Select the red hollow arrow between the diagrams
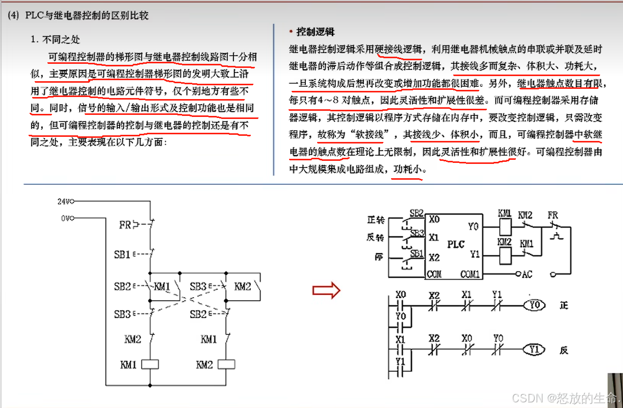tap(326, 291)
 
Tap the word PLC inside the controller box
tap(456, 244)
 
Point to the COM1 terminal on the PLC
tap(470, 274)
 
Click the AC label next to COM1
tap(527, 274)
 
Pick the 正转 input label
tap(375, 220)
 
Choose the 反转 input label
tap(375, 237)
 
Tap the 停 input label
tap(378, 257)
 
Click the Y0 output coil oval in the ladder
tap(534, 305)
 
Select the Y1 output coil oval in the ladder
tap(534, 350)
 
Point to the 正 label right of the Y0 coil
tap(563, 305)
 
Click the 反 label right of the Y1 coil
tap(563, 350)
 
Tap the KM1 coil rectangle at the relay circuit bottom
tap(150, 364)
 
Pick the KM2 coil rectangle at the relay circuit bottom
tap(226, 364)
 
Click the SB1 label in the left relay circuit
tap(122, 254)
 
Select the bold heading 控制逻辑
tap(315, 32)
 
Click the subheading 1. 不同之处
tap(55, 39)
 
